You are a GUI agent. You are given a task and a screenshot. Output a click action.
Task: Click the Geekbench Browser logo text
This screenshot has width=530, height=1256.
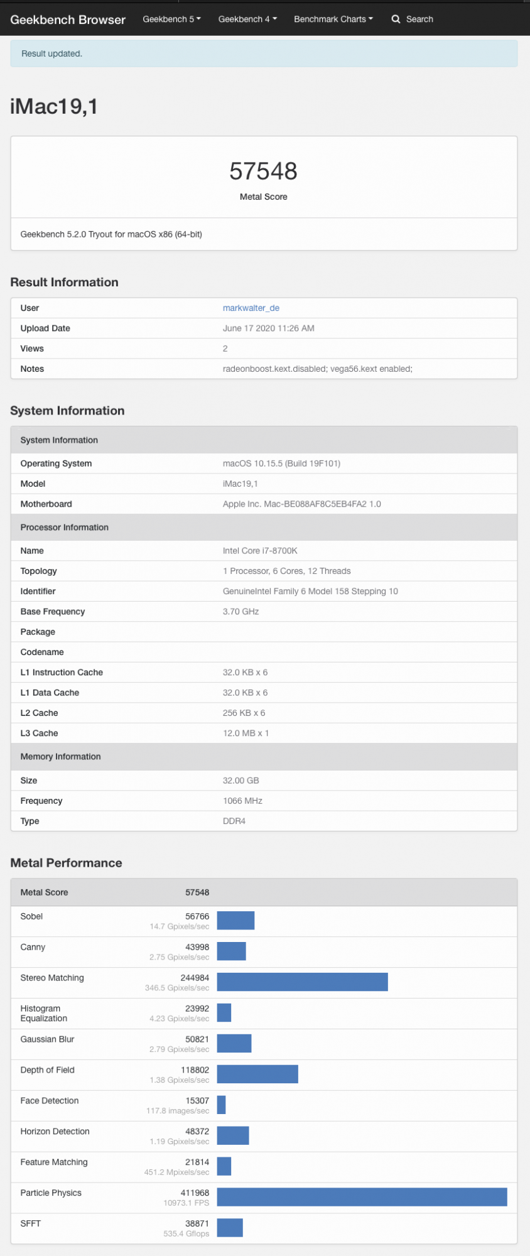pyautogui.click(x=68, y=19)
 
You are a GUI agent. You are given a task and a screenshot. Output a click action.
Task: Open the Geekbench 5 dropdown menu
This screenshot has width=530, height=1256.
pyautogui.click(x=171, y=19)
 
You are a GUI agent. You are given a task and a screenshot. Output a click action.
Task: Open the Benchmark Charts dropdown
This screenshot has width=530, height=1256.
pyautogui.click(x=333, y=19)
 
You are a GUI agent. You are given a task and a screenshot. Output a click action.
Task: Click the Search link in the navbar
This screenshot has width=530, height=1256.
pyautogui.click(x=413, y=19)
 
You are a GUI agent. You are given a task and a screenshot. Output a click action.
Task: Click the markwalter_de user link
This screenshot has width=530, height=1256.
pyautogui.click(x=251, y=308)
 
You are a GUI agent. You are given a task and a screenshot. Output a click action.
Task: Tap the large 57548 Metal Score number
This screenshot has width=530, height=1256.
pyautogui.click(x=263, y=171)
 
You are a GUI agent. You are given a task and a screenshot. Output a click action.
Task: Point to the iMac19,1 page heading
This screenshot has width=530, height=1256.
pyautogui.click(x=54, y=106)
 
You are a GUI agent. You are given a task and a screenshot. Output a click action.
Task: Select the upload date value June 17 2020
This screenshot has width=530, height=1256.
pyautogui.click(x=268, y=328)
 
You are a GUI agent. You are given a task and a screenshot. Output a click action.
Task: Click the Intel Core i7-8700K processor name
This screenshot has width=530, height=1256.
pyautogui.click(x=260, y=551)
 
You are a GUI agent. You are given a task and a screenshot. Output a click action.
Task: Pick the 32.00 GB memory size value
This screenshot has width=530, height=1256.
pyautogui.click(x=241, y=780)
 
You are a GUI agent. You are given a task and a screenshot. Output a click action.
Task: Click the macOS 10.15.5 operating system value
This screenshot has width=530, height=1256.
pyautogui.click(x=281, y=463)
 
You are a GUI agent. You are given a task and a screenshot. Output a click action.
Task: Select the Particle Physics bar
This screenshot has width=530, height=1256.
pyautogui.click(x=362, y=1197)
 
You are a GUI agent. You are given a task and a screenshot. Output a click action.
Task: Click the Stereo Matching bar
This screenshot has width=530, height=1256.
pyautogui.click(x=302, y=982)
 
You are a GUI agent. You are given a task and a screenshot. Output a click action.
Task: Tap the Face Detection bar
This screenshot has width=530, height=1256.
pyautogui.click(x=221, y=1105)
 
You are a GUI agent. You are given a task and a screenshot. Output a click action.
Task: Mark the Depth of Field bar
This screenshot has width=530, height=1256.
pyautogui.click(x=257, y=1074)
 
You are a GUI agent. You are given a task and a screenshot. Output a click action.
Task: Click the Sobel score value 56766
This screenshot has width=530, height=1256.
pyautogui.click(x=197, y=916)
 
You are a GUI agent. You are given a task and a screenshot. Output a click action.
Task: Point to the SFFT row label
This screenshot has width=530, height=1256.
pyautogui.click(x=31, y=1223)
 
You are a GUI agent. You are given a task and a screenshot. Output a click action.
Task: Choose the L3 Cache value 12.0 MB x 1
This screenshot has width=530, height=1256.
pyautogui.click(x=246, y=733)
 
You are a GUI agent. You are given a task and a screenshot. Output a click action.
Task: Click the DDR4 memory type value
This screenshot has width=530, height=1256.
pyautogui.click(x=234, y=821)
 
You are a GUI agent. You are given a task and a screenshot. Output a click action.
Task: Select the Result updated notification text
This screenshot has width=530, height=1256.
pyautogui.click(x=51, y=53)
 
